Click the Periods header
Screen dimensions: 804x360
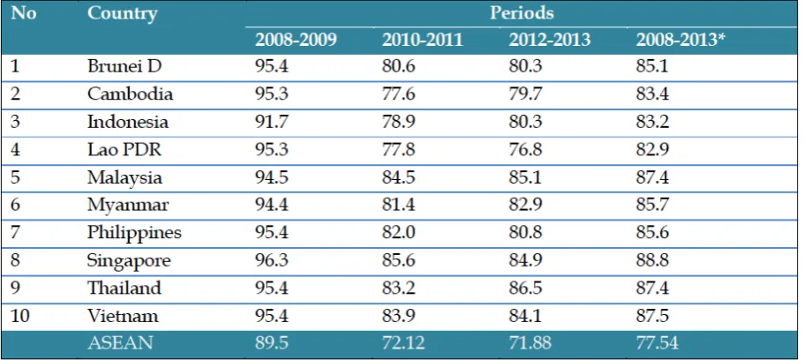522,13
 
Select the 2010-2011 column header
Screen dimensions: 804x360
423,40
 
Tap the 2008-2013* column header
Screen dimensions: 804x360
681,40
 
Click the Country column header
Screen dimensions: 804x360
122,13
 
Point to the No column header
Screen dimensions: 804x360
24,13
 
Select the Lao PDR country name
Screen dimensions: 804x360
124,150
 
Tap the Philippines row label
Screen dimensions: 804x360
134,233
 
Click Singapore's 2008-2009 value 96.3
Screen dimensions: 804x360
272,260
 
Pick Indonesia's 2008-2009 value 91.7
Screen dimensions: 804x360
271,122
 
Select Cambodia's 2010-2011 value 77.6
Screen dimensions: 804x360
398,94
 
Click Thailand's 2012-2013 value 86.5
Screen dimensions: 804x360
525,289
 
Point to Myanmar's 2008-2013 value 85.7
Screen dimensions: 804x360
652,205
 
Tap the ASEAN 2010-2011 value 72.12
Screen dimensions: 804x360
403,343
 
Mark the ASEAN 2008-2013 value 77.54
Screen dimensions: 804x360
657,343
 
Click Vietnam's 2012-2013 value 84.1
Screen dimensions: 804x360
525,316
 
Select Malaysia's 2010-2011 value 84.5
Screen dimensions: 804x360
398,177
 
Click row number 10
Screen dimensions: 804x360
20,316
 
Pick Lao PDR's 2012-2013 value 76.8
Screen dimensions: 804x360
525,150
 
